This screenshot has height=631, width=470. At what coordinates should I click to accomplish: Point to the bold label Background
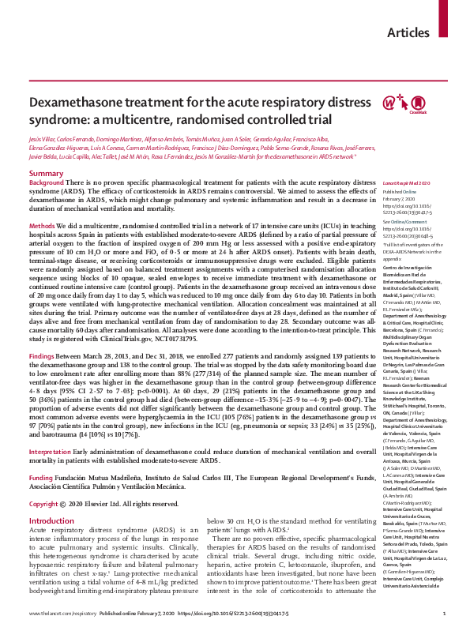(x=46, y=182)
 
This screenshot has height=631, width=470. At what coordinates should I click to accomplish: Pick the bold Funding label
(x=42, y=455)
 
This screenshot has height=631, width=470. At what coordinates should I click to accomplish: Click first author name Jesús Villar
(x=44, y=138)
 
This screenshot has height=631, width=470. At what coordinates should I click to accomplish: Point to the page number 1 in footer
(x=445, y=613)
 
